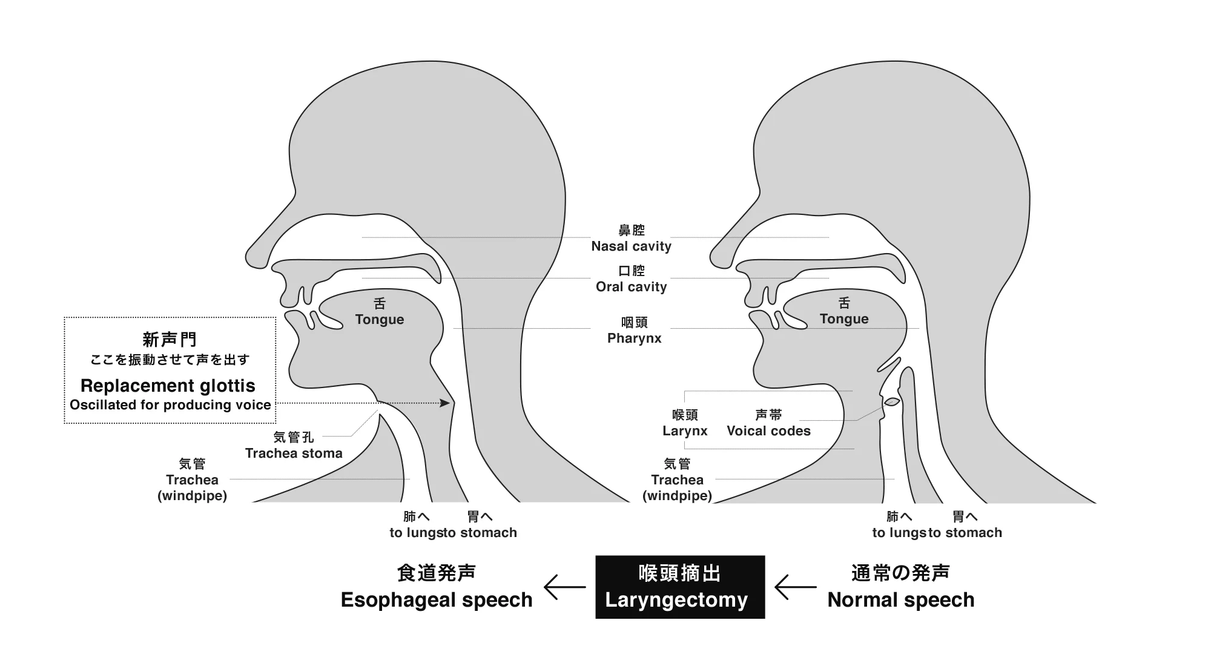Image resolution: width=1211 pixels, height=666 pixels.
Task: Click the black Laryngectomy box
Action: [679, 587]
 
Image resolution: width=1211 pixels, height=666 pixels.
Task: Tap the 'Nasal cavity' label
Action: [631, 246]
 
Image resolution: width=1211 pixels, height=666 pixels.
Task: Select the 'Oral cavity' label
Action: [631, 286]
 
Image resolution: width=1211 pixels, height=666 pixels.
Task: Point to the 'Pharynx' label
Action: [634, 338]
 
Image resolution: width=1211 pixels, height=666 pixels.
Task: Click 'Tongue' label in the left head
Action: [379, 319]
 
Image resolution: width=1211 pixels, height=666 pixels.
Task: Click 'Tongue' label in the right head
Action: [843, 318]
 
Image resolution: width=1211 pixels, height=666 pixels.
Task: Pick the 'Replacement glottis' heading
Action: [168, 386]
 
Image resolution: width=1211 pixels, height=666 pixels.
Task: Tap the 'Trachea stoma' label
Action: [294, 453]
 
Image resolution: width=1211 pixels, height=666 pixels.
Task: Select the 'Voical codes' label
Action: [768, 430]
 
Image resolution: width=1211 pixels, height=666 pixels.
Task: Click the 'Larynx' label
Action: [685, 430]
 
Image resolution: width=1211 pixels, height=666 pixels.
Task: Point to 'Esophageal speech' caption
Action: [436, 599]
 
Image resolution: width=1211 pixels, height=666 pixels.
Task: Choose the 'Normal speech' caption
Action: [900, 599]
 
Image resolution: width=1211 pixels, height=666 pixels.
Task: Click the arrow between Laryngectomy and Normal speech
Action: [795, 587]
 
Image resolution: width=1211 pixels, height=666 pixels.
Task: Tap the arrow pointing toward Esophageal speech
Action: [564, 587]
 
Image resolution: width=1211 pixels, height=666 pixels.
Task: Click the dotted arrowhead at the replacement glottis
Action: [446, 403]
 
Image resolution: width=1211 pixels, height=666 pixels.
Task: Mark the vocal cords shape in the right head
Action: [892, 401]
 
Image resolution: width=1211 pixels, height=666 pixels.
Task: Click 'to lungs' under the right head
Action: [899, 533]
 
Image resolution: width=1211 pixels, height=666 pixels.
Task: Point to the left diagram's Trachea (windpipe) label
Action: [192, 480]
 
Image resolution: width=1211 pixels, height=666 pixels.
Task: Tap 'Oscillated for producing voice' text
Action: [170, 405]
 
